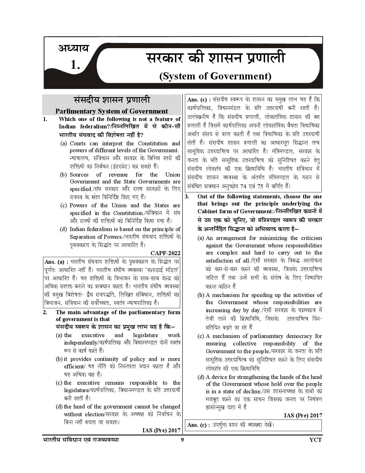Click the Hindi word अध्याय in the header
[x=74, y=48]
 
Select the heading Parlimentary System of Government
[x=112, y=111]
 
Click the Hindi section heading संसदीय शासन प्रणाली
[x=112, y=100]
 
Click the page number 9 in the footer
[x=182, y=440]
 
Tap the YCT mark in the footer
[x=315, y=440]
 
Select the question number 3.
[x=187, y=197]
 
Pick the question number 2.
[x=45, y=312]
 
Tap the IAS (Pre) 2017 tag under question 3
[x=303, y=415]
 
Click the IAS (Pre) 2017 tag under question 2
[x=161, y=430]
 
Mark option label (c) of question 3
[x=201, y=336]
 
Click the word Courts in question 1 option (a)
[x=78, y=143]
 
